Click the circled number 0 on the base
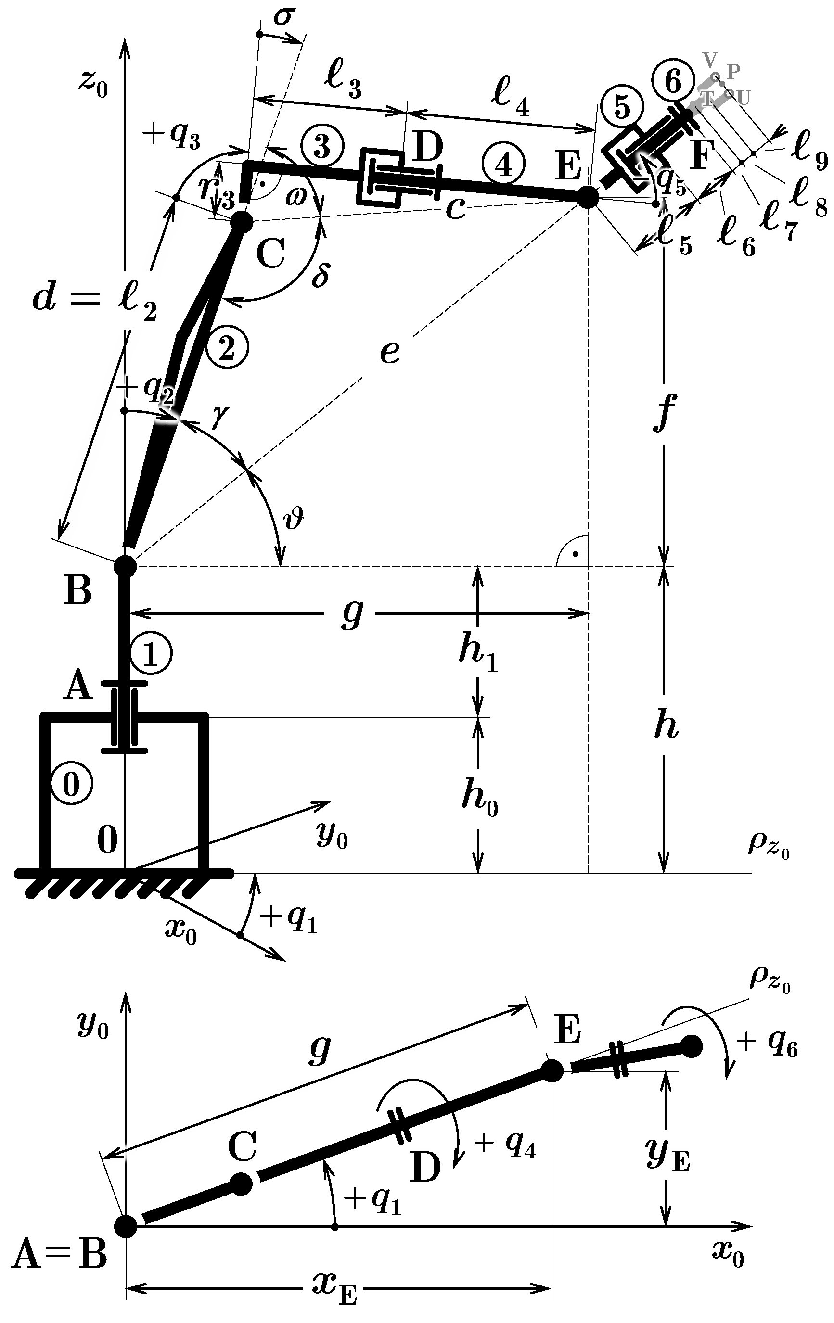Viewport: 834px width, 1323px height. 71,785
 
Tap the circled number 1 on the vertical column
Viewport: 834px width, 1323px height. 151,654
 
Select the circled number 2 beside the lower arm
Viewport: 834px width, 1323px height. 227,347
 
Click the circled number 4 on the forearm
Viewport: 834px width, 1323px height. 503,164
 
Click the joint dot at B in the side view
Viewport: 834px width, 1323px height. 125,566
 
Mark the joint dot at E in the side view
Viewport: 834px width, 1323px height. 588,197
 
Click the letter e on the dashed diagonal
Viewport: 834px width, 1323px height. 390,352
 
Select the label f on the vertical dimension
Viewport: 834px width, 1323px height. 664,411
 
